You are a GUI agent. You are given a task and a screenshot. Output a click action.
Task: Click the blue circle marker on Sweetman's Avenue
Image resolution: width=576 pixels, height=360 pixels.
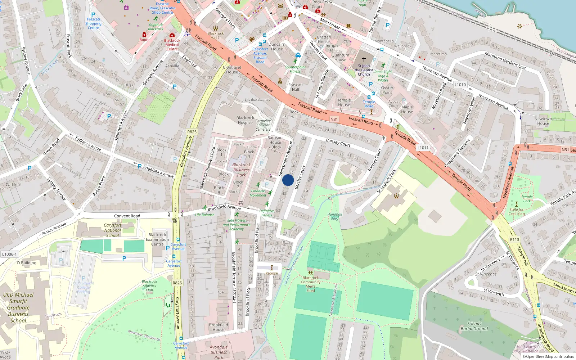tap(288, 180)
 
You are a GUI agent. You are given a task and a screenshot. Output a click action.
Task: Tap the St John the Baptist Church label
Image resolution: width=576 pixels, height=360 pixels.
tap(364, 70)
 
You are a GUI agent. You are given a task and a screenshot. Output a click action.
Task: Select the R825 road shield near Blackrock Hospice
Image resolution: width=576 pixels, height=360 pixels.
tap(192, 132)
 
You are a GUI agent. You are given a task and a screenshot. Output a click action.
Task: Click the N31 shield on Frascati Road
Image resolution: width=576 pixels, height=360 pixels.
tap(334, 119)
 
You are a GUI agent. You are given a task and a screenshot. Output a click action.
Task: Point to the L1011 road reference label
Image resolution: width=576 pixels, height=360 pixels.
tap(423, 148)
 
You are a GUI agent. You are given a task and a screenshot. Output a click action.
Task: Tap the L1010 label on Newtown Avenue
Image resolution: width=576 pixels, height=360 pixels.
tap(460, 85)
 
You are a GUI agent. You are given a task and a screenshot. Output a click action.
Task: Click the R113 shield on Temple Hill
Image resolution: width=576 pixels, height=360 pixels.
tap(514, 239)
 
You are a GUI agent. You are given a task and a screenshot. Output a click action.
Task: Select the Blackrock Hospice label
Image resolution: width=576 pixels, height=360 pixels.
tap(245, 120)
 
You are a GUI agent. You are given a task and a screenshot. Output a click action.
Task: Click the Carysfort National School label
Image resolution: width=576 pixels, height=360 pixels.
tap(112, 230)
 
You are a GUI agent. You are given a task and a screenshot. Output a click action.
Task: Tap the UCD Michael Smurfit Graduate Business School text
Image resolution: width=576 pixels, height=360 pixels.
tap(18, 307)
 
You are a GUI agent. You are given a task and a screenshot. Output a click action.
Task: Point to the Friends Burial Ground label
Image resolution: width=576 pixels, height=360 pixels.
tap(474, 326)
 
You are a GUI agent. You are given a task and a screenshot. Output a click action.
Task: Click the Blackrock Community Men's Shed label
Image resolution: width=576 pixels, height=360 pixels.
tap(311, 284)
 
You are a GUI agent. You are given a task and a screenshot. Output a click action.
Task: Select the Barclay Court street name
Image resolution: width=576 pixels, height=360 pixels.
tap(338, 143)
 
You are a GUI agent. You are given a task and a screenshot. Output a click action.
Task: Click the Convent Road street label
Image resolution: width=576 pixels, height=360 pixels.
tap(127, 216)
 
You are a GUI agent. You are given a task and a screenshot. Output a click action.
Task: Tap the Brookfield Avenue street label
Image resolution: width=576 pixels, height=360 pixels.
tap(224, 207)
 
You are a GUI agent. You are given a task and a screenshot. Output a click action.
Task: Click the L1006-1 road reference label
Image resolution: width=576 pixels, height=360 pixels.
tap(9, 254)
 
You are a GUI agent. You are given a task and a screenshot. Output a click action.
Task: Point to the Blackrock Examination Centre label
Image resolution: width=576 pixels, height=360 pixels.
tap(157, 239)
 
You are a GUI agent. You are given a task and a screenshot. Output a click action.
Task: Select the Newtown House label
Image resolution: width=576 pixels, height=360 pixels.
tap(543, 121)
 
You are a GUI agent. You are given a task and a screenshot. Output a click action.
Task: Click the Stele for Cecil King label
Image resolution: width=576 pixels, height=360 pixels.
tap(516, 212)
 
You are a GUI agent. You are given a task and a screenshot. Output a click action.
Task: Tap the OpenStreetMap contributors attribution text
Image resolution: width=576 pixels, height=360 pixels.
tap(548, 356)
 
